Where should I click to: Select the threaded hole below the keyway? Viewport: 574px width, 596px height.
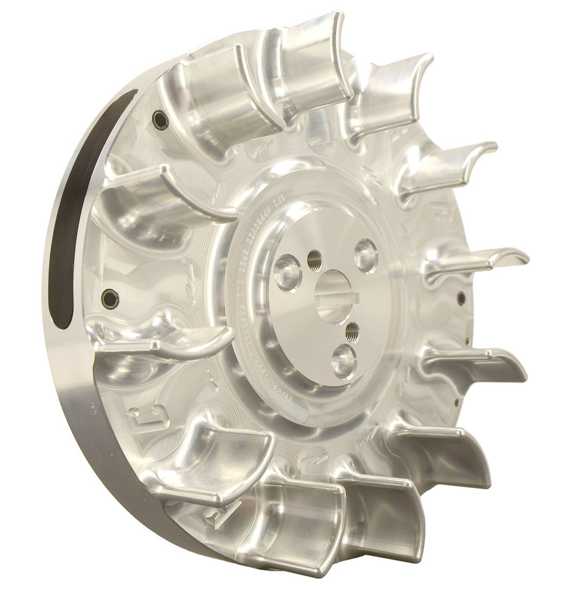tap(352, 330)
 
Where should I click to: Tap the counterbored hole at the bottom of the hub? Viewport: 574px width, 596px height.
tap(344, 360)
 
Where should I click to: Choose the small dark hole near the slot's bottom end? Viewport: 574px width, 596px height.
tap(109, 298)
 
